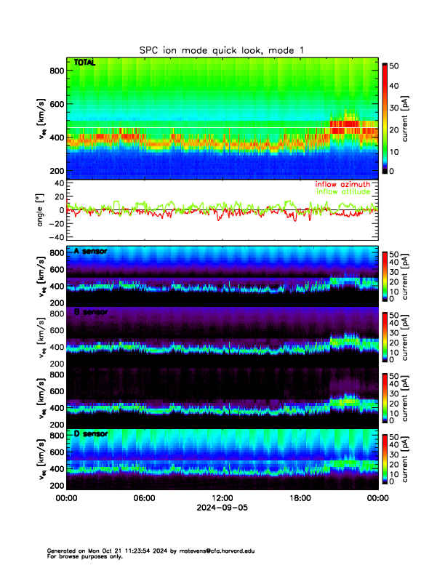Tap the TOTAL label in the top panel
85,63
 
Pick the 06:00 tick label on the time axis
144,498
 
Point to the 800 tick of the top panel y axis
55,71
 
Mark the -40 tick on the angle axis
55,237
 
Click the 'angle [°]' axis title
41,210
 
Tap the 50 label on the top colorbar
395,65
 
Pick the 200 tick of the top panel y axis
55,171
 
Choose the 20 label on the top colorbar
395,129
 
